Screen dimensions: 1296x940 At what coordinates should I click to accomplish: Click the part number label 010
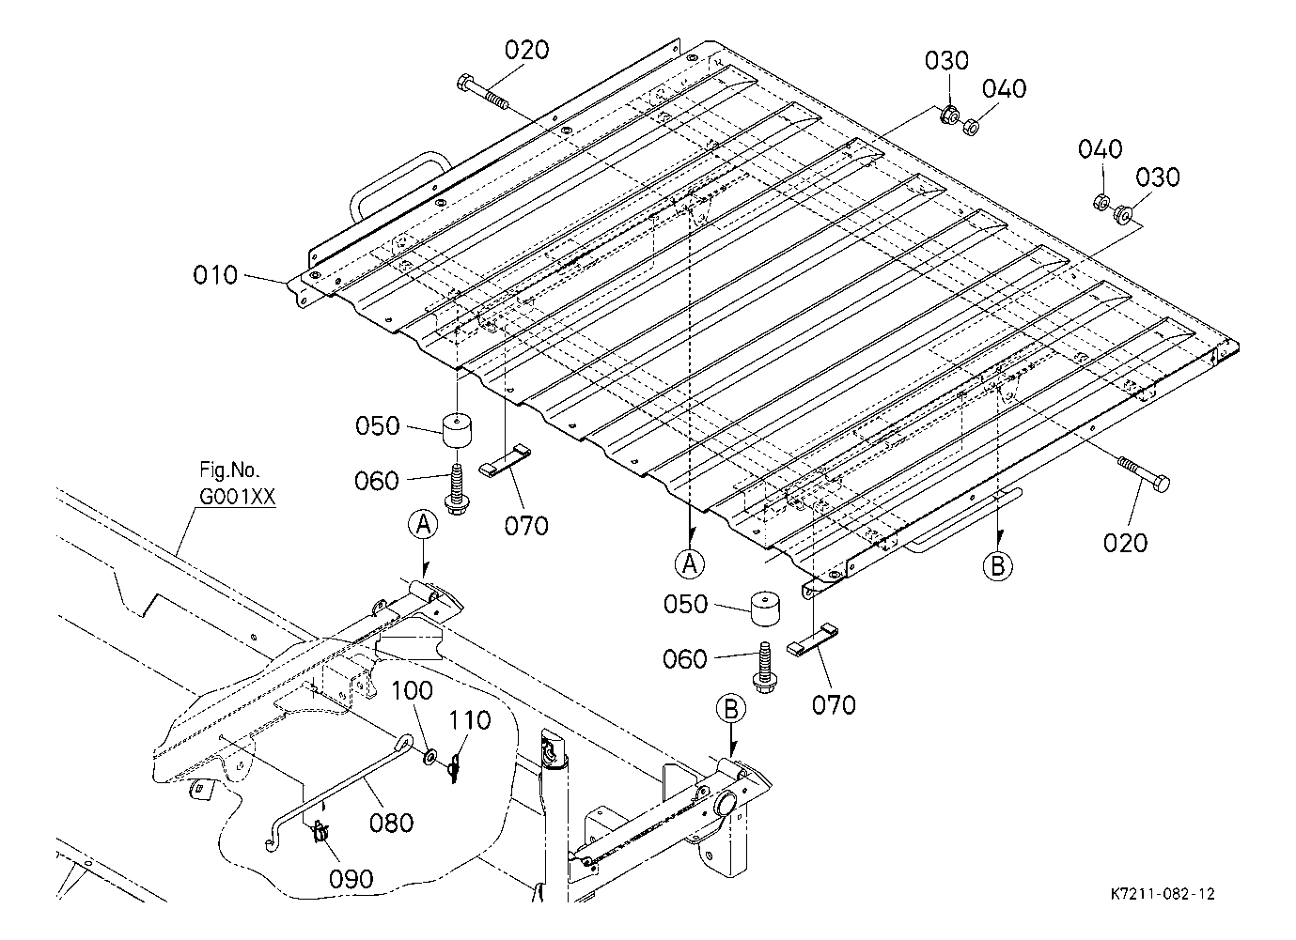(x=215, y=274)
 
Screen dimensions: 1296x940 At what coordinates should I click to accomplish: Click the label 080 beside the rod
(x=392, y=823)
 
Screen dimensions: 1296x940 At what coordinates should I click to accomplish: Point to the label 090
(x=351, y=879)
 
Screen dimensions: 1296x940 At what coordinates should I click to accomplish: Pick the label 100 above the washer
(x=412, y=690)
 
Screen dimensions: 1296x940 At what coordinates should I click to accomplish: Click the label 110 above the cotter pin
(x=470, y=720)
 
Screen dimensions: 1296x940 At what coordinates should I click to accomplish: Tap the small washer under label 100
(x=429, y=756)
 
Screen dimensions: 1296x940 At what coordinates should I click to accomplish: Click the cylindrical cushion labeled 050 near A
(x=457, y=430)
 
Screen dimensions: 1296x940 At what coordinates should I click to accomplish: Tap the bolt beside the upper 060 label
(x=458, y=489)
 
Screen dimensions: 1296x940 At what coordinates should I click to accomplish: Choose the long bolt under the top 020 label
(x=483, y=92)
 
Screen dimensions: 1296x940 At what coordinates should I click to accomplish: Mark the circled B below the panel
(x=997, y=566)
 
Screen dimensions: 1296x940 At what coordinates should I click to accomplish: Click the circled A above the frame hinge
(x=423, y=525)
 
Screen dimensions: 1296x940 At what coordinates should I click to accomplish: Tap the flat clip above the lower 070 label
(x=812, y=640)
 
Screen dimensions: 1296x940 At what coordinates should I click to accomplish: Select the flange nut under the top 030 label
(x=949, y=116)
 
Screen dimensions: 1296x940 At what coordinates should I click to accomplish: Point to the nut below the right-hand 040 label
(x=1101, y=202)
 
